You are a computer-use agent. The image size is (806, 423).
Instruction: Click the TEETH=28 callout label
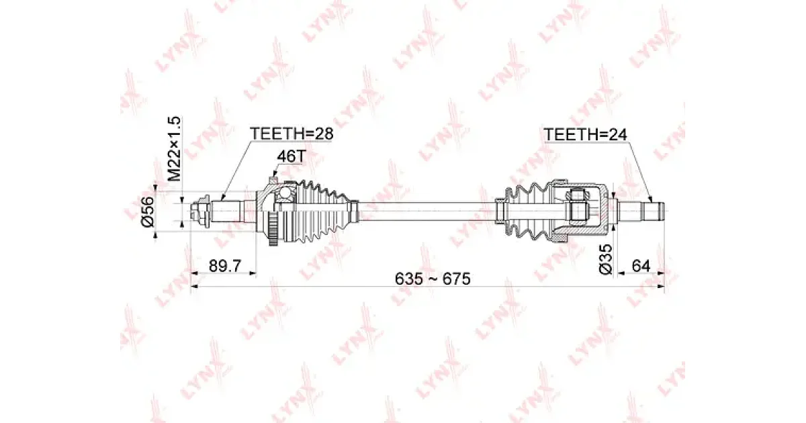(292, 134)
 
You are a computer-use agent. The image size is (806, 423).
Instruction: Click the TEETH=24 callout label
(586, 134)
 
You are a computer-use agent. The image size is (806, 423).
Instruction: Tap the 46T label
(292, 156)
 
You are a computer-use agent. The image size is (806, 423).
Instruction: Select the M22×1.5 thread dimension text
(174, 148)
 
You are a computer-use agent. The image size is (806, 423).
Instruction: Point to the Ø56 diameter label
(148, 211)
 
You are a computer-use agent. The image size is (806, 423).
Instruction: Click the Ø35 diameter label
(606, 260)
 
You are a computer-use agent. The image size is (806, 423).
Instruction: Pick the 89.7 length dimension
(225, 267)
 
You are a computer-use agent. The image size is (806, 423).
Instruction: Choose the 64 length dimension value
(641, 266)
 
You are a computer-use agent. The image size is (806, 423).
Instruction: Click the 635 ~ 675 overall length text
(433, 279)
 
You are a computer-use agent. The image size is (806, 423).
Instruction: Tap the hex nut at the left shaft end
(199, 211)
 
